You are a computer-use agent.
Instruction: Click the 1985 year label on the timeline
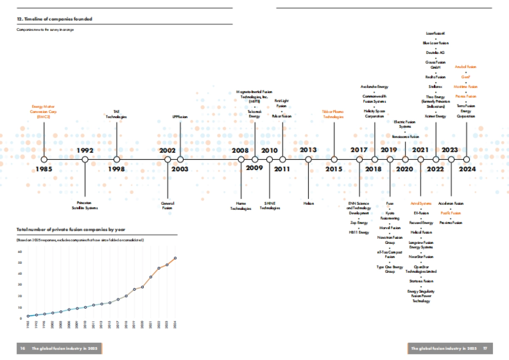(x=44, y=169)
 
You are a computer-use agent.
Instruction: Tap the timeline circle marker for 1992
(x=85, y=159)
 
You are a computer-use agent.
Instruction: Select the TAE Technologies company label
(x=116, y=114)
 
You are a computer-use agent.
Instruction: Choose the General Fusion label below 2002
(x=168, y=206)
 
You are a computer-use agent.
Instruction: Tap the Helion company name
(x=308, y=204)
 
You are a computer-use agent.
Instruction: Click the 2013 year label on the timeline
(x=308, y=150)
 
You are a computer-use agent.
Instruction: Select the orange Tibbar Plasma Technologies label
(x=333, y=114)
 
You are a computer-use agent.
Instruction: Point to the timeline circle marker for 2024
(x=467, y=159)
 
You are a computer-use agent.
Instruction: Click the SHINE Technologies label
(x=269, y=206)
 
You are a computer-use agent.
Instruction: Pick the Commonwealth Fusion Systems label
(x=374, y=99)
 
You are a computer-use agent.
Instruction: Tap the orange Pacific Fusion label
(x=450, y=213)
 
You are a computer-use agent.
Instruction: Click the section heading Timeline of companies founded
(x=54, y=19)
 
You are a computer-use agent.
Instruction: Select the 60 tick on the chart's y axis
(x=20, y=251)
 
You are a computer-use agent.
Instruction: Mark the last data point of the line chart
(x=176, y=258)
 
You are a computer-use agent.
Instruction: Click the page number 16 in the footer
(x=22, y=348)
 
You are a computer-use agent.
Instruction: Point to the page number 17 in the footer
(x=484, y=348)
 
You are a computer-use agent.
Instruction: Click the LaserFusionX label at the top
(x=436, y=33)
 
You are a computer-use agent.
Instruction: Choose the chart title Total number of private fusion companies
(x=71, y=229)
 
